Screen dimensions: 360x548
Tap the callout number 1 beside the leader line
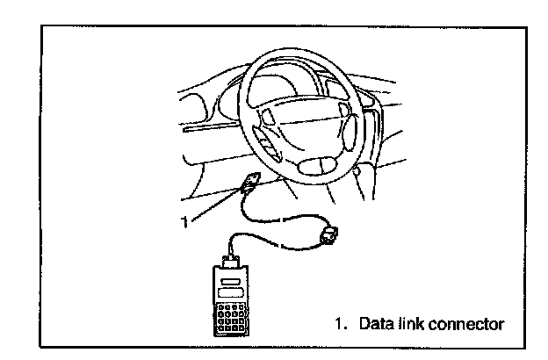184,223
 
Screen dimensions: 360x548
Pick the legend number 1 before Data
338,324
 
